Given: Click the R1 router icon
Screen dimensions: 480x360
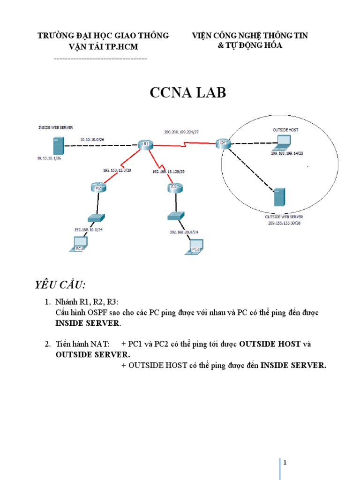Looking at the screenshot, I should coord(146,144).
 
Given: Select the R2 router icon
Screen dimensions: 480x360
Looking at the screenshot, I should coord(98,188).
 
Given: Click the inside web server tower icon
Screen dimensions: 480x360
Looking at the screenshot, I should coord(59,147).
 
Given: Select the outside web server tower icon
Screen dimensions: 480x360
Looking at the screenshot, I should coord(279,197).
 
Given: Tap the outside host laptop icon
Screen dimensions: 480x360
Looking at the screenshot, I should coord(284,141).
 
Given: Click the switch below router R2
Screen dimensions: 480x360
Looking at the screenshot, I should coord(96,217).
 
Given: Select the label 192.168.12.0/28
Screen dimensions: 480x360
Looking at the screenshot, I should coord(117,170).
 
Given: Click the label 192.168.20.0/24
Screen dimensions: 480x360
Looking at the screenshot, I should coord(184,232).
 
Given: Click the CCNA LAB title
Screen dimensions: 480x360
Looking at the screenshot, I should coord(187,93).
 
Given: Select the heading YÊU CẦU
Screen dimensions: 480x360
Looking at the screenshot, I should coord(60,286).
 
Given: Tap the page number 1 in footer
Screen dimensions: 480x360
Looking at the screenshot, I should coord(285,463).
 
